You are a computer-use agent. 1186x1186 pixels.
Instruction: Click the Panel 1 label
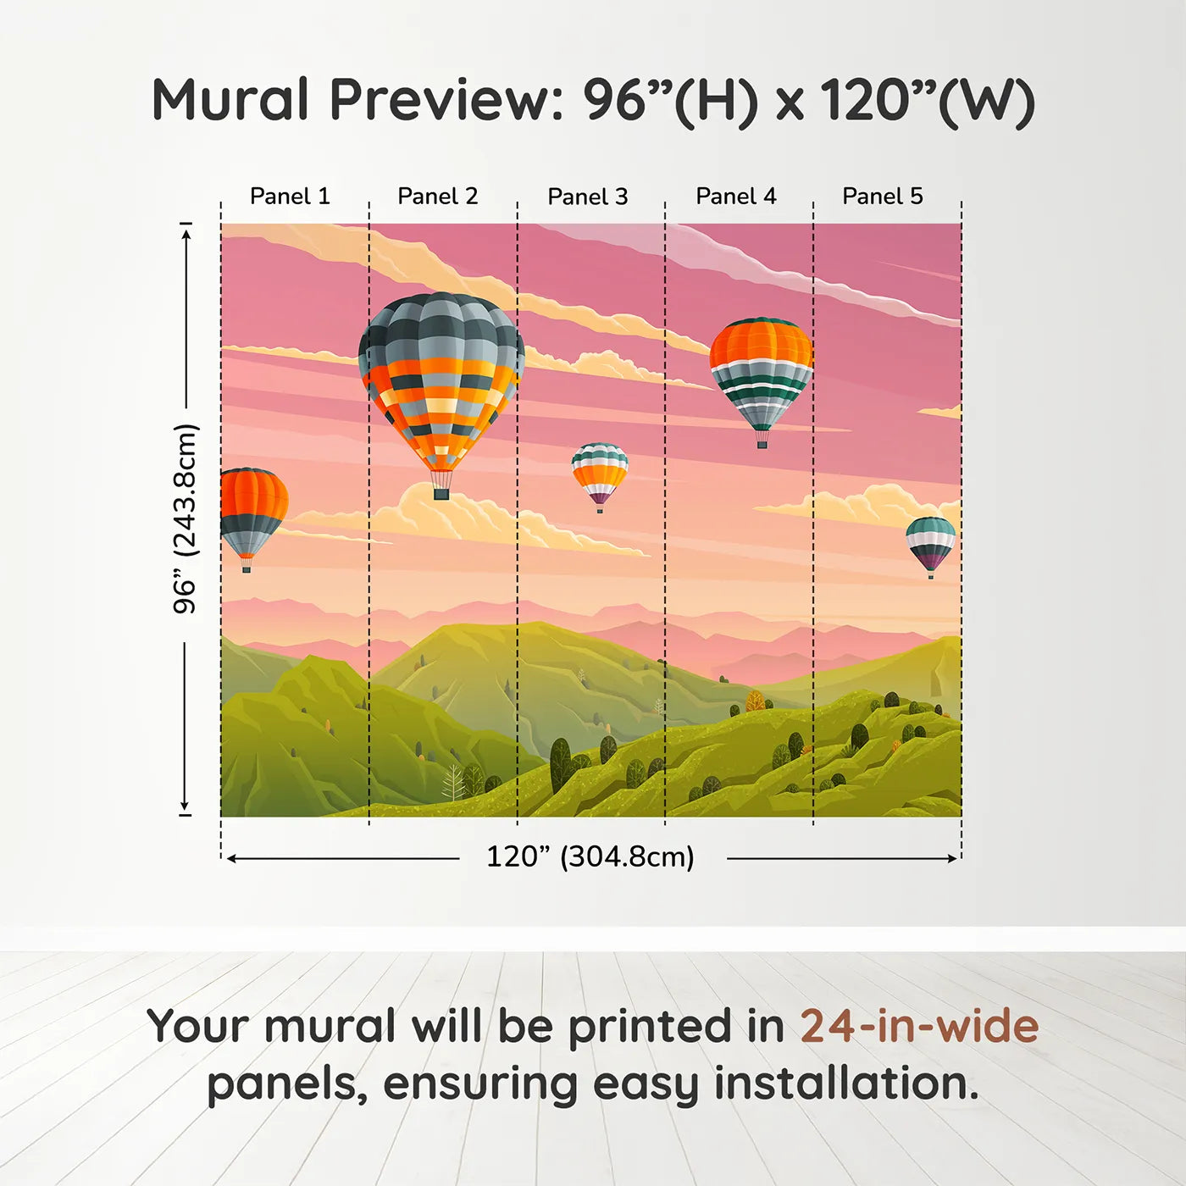(x=290, y=196)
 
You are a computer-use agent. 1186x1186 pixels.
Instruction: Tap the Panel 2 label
(x=438, y=196)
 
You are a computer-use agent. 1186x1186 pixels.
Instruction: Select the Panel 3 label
(x=588, y=197)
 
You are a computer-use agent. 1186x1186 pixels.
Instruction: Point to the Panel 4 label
(x=736, y=196)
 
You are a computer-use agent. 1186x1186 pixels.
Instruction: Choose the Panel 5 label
(x=883, y=196)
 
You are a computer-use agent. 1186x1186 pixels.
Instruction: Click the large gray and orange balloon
(x=441, y=381)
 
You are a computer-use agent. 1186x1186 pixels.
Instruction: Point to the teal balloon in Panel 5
(x=930, y=542)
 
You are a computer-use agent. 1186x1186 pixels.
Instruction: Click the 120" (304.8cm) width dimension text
(x=590, y=856)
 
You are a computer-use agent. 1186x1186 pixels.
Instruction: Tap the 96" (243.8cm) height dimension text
(x=185, y=518)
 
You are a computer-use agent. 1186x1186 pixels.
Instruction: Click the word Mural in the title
(x=230, y=100)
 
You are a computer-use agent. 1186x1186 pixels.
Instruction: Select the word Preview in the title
(x=441, y=100)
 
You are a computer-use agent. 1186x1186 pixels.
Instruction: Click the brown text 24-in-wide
(x=919, y=1026)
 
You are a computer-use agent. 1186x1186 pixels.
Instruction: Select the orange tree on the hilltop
(x=755, y=701)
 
